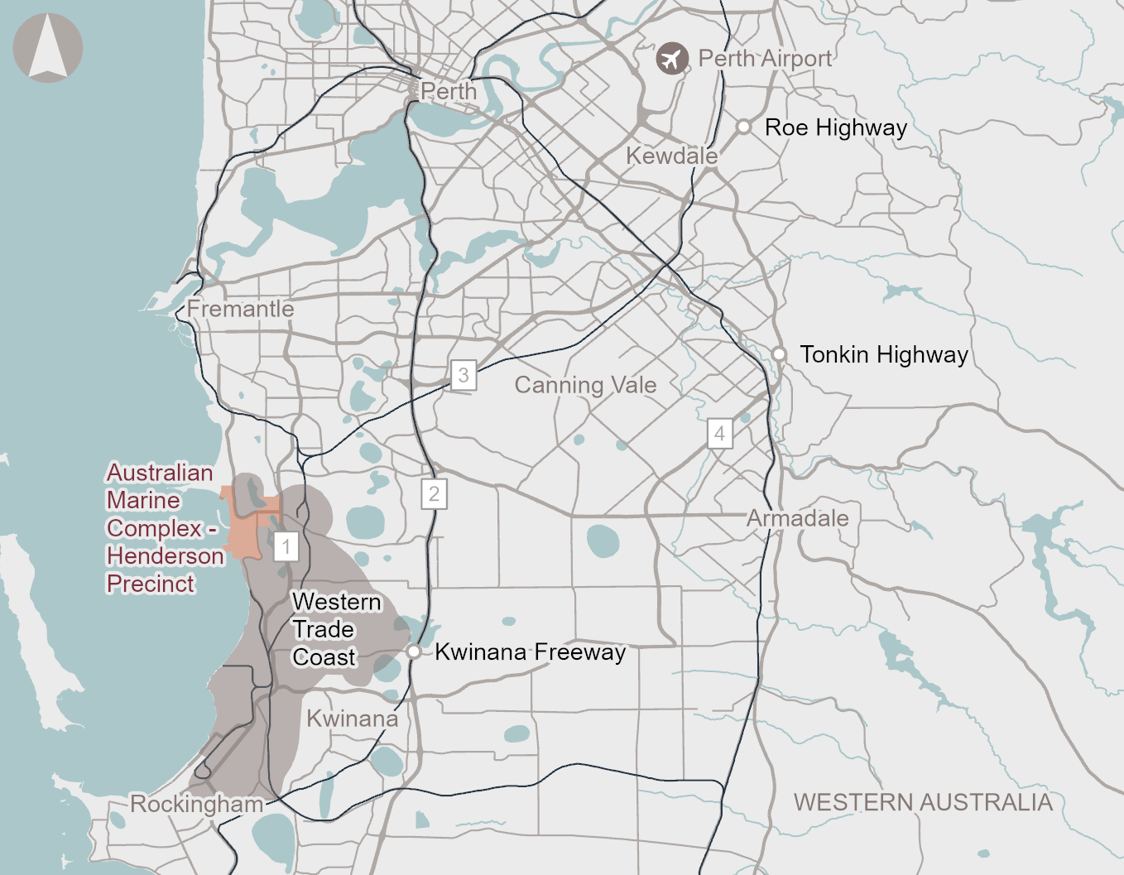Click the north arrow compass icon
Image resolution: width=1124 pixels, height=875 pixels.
tap(48, 48)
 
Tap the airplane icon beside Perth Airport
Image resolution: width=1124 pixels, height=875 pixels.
tap(672, 59)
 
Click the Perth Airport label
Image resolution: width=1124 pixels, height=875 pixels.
tap(765, 59)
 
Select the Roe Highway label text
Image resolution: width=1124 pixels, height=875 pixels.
tap(836, 127)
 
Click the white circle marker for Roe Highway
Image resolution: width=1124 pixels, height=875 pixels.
tap(744, 127)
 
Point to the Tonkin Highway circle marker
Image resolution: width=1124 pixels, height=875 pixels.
tap(779, 354)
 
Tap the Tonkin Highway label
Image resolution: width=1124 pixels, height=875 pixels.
tap(884, 355)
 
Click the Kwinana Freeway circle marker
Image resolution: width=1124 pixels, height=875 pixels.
tap(414, 651)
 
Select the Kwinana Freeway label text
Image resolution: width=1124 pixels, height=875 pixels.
tap(530, 652)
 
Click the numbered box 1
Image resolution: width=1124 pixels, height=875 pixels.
tap(286, 546)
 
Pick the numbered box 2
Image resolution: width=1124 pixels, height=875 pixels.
tap(434, 494)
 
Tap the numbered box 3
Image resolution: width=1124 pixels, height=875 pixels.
tap(464, 375)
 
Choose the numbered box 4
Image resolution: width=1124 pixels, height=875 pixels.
tap(719, 433)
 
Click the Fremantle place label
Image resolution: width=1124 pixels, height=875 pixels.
tap(240, 309)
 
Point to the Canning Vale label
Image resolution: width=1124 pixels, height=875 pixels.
tap(585, 385)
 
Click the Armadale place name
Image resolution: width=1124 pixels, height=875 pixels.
tap(798, 519)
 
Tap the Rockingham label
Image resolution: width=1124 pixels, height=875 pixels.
tap(197, 804)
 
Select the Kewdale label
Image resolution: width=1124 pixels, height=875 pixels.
tap(671, 156)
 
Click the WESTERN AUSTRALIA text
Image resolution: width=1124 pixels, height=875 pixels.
tap(923, 802)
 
